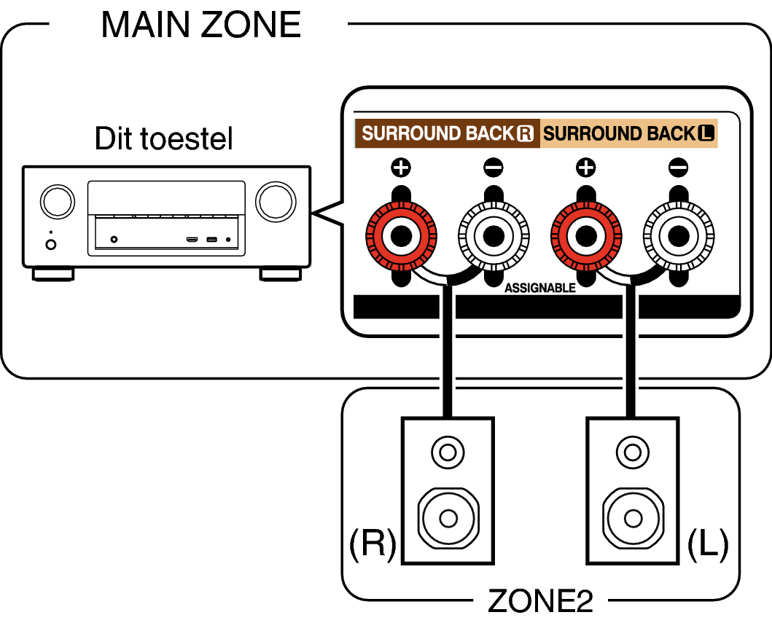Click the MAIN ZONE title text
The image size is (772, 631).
201,25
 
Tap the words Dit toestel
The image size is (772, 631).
163,138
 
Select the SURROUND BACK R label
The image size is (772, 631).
448,133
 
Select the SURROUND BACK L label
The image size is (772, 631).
628,133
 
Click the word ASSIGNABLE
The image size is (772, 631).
540,288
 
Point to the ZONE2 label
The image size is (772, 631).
540,601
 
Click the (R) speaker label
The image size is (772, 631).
373,544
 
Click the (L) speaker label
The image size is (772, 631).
708,544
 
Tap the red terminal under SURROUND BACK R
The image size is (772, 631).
401,236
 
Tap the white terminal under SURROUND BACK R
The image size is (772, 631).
494,236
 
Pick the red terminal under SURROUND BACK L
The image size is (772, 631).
586,236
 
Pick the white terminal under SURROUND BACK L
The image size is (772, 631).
679,236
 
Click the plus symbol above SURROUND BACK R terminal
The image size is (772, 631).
401,168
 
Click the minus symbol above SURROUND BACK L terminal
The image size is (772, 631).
679,168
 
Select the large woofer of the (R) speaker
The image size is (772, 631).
448,518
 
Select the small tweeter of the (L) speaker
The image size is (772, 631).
633,452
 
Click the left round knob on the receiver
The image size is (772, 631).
58,202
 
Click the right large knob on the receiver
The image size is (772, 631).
276,202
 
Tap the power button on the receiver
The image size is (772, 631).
51,244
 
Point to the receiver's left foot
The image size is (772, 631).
53,274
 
